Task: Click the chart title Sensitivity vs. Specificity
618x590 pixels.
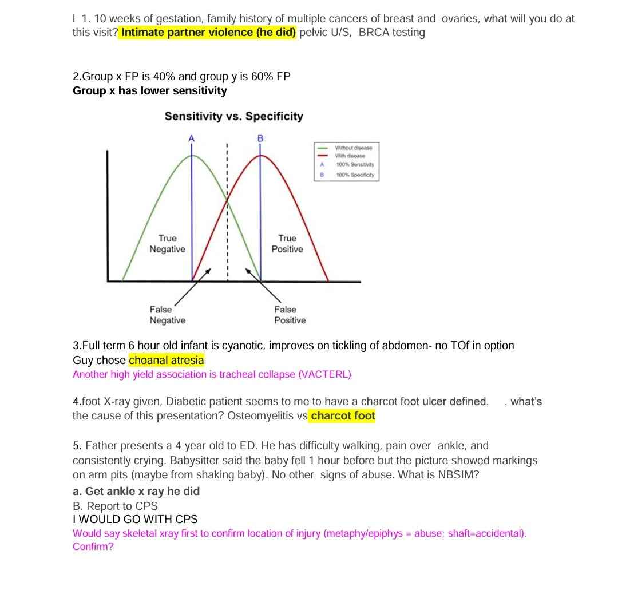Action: [233, 116]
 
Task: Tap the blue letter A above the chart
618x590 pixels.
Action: [192, 138]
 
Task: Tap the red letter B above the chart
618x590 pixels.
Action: [260, 138]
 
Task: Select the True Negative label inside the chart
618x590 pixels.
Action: [167, 243]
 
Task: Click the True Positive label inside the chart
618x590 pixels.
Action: [287, 243]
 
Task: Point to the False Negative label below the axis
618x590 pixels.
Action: [167, 315]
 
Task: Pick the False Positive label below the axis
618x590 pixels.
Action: [290, 315]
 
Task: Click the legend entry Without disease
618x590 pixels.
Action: [353, 148]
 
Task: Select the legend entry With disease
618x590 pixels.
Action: [350, 156]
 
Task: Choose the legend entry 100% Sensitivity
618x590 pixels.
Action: [355, 164]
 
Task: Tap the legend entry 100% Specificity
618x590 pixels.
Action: [355, 175]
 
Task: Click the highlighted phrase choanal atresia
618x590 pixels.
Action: [166, 361]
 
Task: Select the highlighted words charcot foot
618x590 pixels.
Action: [343, 416]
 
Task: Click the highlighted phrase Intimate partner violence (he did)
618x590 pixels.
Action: [208, 32]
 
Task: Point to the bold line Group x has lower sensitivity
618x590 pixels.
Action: [149, 91]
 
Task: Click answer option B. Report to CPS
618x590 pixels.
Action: [115, 506]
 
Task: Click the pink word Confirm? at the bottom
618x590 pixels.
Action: [93, 547]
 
